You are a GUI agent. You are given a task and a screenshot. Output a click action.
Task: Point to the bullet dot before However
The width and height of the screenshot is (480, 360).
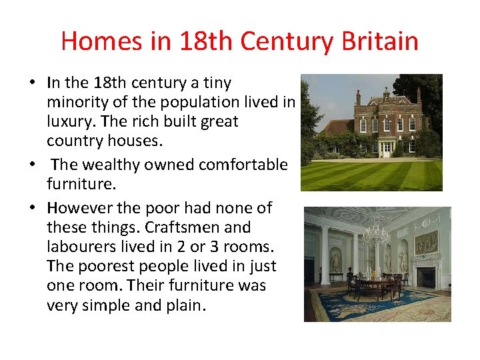(33, 208)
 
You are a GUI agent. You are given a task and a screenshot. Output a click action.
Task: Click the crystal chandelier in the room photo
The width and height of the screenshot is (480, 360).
(376, 233)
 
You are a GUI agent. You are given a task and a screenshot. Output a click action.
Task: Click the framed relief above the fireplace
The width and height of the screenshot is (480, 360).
(426, 243)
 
